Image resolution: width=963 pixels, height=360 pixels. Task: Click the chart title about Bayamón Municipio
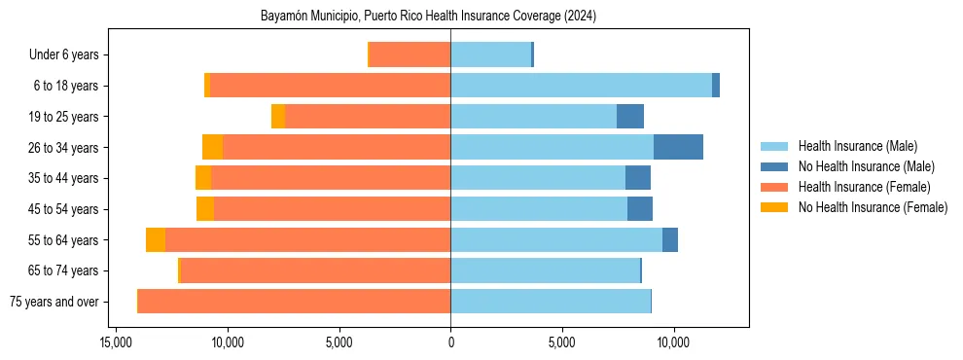429,17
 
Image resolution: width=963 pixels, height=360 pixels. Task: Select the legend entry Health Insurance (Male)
857,146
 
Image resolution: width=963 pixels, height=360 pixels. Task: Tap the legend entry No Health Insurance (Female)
873,207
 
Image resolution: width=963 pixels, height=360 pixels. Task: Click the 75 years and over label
53,302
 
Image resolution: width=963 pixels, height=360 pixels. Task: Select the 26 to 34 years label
64,148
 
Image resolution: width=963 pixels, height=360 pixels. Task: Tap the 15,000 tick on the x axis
116,343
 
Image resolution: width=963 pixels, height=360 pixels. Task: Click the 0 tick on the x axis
450,343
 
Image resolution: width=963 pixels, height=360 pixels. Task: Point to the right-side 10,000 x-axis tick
673,343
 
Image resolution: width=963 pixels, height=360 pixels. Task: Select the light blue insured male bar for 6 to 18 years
581,86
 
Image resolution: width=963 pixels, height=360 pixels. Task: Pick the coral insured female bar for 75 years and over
294,302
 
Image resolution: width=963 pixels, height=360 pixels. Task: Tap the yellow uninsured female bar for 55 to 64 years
156,240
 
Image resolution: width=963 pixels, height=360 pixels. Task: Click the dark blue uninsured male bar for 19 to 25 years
630,117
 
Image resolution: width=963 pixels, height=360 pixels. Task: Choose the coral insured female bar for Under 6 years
410,54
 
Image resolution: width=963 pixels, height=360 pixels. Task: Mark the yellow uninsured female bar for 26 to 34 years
212,147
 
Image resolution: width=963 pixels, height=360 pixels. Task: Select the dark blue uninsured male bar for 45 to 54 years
640,209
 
